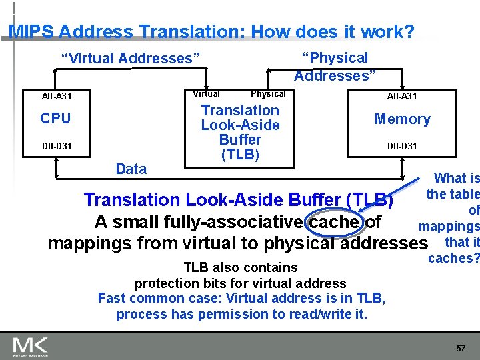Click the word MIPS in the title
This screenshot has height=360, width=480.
click(31, 31)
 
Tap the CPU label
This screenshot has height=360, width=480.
click(55, 119)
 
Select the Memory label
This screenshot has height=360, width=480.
click(402, 119)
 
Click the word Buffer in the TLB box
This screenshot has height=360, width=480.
click(240, 140)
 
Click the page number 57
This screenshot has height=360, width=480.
click(460, 348)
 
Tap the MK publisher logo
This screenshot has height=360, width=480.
click(30, 345)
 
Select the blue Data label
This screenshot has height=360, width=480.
click(131, 169)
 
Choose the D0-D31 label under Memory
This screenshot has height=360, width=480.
click(402, 146)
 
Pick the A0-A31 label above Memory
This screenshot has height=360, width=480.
click(402, 97)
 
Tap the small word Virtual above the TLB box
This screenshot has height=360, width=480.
click(206, 94)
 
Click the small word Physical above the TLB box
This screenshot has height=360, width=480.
click(267, 94)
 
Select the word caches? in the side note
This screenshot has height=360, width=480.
click(454, 258)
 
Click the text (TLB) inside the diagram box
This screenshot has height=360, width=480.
click(240, 155)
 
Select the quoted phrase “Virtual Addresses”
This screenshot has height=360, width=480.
click(131, 59)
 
